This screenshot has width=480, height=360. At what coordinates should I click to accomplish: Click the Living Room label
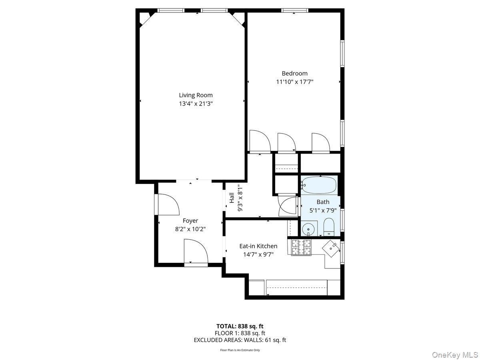pyautogui.click(x=196, y=95)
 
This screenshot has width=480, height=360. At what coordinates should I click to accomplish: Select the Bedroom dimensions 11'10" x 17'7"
pyautogui.click(x=294, y=82)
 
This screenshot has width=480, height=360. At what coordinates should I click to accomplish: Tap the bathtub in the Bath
pyautogui.click(x=319, y=185)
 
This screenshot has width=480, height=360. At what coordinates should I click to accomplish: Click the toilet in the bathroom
pyautogui.click(x=329, y=227)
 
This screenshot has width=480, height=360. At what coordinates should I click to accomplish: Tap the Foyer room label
pyautogui.click(x=190, y=221)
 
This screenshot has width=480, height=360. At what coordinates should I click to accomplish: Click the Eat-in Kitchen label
pyautogui.click(x=258, y=246)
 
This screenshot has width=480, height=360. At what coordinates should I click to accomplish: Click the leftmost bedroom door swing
pyautogui.click(x=259, y=141)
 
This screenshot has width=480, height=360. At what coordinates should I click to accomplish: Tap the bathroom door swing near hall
pyautogui.click(x=288, y=206)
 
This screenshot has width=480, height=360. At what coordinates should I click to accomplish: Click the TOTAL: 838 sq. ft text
pyautogui.click(x=240, y=326)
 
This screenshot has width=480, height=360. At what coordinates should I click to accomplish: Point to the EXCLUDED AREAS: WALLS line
pyautogui.click(x=240, y=340)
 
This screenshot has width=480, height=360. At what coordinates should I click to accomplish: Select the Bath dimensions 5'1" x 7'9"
pyautogui.click(x=323, y=210)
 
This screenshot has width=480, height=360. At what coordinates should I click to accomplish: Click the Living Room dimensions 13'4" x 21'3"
pyautogui.click(x=196, y=104)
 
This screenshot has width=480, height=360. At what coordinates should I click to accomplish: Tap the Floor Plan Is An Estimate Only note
pyautogui.click(x=240, y=350)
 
